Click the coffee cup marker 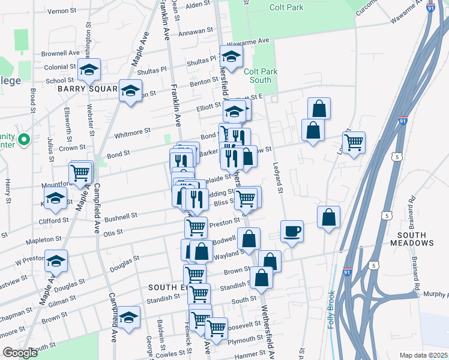(x=292, y=231)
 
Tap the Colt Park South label (x=261, y=76)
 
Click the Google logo (x=20, y=352)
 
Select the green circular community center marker (x=23, y=140)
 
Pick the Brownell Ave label (x=60, y=53)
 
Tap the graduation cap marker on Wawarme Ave (x=231, y=57)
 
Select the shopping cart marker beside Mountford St (x=80, y=172)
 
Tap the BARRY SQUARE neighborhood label (x=86, y=89)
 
